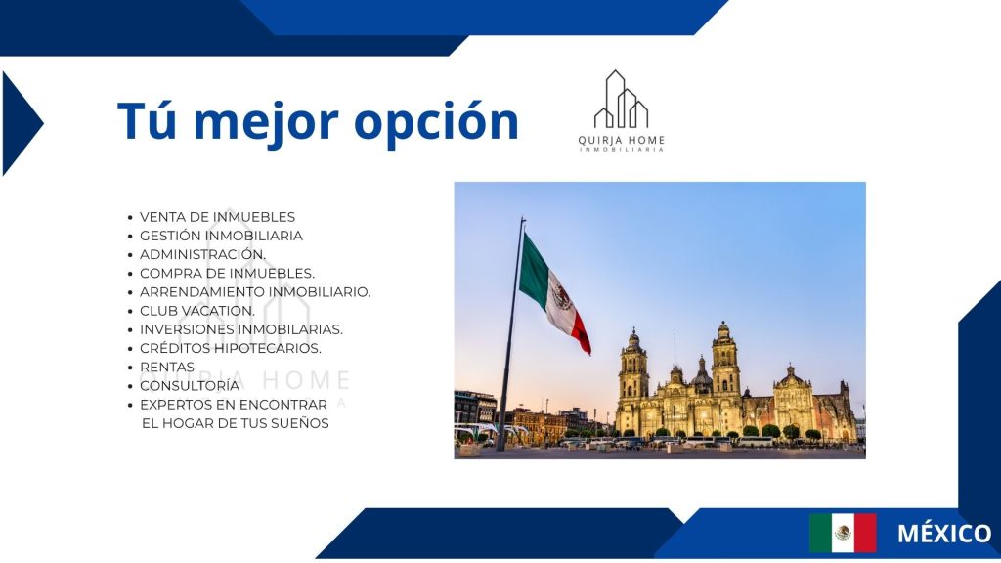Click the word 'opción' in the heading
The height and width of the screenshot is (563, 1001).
436,122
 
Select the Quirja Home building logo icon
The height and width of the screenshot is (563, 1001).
621,100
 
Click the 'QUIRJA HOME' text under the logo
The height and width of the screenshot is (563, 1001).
621,141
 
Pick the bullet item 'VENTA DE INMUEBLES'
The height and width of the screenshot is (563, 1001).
218,217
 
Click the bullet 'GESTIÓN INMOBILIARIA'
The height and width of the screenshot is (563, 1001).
222,236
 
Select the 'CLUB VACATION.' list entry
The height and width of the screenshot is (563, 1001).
197,311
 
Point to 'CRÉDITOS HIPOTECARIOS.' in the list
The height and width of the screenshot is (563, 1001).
231,349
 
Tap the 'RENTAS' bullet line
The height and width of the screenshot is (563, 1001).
167,368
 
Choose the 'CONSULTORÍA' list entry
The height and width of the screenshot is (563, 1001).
190,385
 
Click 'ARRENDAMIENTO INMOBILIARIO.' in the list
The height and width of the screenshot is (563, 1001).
255,292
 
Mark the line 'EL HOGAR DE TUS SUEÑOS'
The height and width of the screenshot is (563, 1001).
236,423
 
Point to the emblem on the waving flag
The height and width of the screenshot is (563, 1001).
562,297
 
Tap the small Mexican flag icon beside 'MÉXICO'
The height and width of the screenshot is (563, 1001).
843,533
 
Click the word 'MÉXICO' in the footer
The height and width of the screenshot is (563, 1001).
944,533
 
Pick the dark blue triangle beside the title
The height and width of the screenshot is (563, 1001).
22,123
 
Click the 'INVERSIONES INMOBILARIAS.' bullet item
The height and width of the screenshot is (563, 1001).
241,330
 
